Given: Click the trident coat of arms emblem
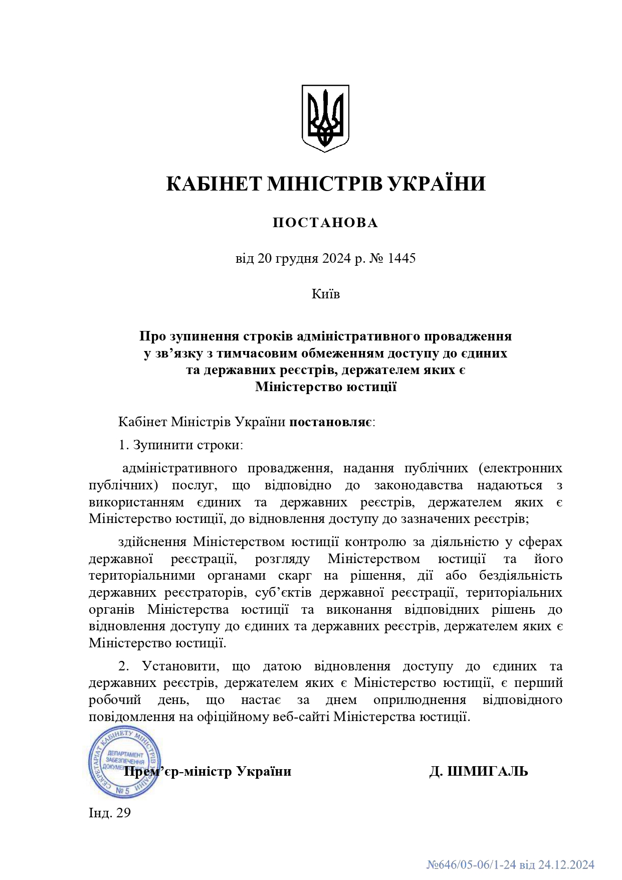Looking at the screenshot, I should [x=325, y=118].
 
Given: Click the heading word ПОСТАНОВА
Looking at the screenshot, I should [x=325, y=223].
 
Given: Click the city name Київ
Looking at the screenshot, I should [x=326, y=294].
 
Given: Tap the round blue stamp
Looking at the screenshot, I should [x=124, y=762].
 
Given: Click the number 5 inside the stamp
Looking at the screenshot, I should [x=126, y=791].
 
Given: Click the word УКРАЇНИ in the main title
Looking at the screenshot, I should [x=437, y=184].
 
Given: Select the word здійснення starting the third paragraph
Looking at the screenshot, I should [x=152, y=542].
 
